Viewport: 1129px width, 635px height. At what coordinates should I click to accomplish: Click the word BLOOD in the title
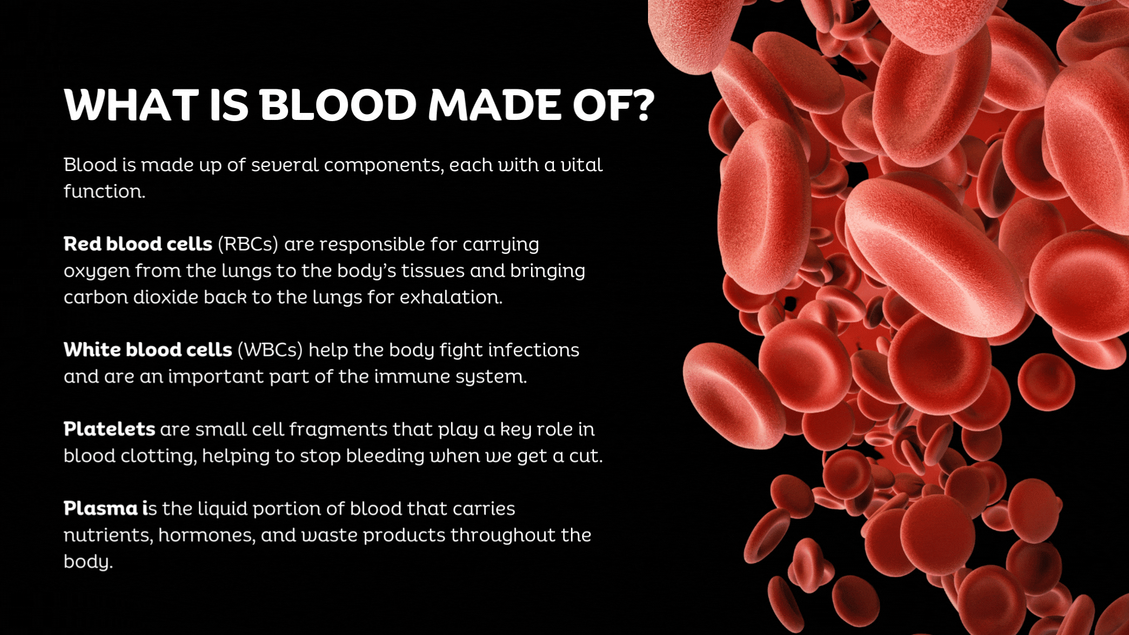338,106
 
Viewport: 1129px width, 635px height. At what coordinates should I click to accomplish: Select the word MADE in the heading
495,106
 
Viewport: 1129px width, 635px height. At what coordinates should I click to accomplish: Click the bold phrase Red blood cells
138,244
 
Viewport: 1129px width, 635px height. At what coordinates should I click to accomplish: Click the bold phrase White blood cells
148,350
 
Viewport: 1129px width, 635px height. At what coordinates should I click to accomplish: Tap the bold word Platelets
109,429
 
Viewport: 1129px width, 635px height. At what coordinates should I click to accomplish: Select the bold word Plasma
101,509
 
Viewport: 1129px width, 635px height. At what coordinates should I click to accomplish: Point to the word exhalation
451,297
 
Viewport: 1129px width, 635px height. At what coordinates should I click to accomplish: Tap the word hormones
207,536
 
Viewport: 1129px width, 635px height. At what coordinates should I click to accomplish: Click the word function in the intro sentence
104,191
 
